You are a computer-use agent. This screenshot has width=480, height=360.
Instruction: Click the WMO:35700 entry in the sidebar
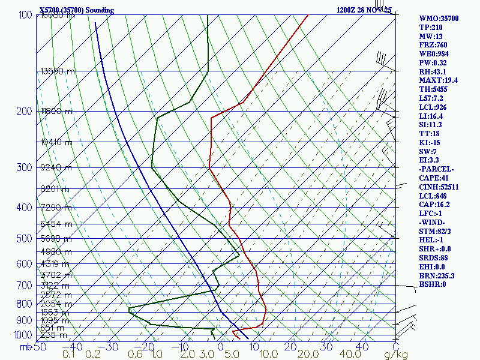click(438, 19)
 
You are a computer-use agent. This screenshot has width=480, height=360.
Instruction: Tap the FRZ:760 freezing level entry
click(433, 45)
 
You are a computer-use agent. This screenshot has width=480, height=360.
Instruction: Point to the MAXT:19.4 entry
click(438, 80)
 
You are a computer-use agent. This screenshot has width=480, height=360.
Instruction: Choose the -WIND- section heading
click(434, 223)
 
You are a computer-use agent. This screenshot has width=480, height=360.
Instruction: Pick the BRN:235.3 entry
click(437, 275)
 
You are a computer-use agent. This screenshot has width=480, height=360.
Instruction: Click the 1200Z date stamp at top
click(347, 10)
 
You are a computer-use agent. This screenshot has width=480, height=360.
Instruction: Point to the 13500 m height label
click(58, 71)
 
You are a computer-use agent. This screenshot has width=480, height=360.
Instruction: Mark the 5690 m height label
click(56, 238)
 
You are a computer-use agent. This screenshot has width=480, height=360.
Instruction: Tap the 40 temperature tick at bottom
click(361, 347)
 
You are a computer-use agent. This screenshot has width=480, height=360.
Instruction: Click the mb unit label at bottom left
click(25, 347)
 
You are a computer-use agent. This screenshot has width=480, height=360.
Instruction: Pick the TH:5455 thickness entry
click(435, 89)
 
